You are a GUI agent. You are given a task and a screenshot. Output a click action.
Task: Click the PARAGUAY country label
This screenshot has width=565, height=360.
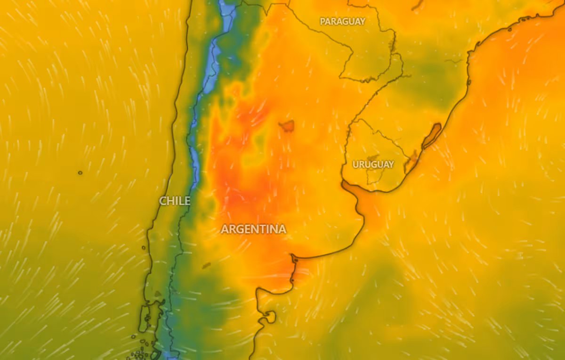[342, 21]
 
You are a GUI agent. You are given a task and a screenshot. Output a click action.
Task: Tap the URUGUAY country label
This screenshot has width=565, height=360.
[373, 164]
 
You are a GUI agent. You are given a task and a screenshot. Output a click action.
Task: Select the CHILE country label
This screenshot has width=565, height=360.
[175, 201]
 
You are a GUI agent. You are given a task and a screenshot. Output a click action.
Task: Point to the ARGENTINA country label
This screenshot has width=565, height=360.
[253, 229]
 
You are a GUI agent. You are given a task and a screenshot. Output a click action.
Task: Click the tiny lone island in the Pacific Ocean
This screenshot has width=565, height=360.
[80, 173]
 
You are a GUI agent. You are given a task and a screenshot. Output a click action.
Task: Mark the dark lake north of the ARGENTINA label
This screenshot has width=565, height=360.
[287, 125]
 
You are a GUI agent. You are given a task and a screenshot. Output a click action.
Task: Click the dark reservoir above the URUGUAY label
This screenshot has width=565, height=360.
[373, 158]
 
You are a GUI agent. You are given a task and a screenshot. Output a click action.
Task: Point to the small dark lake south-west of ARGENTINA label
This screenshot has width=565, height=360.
[206, 266]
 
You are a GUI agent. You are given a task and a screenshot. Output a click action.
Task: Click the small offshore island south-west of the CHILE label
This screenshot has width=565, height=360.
[144, 247]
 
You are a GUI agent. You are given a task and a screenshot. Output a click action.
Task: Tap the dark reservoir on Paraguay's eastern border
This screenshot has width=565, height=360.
[392, 45]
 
